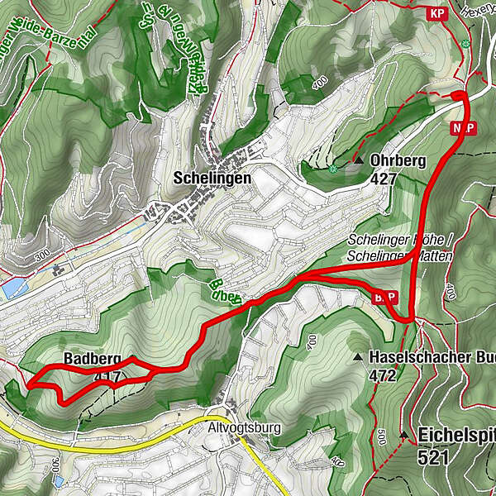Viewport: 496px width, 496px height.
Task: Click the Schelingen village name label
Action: point(212,178)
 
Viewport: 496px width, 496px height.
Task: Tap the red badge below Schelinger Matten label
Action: point(385,297)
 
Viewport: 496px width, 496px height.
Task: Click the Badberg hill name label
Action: point(92,360)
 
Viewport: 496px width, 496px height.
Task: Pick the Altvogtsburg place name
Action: point(245,428)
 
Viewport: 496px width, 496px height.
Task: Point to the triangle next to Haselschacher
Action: point(357,357)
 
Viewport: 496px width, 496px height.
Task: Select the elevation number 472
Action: point(384,376)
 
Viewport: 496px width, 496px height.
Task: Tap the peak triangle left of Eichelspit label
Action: point(404,435)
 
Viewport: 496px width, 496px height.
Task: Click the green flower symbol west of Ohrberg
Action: point(332,169)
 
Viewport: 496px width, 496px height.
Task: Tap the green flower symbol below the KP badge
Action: point(466,43)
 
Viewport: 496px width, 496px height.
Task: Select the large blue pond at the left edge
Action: point(13,289)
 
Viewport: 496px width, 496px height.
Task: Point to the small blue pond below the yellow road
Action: point(57,479)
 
